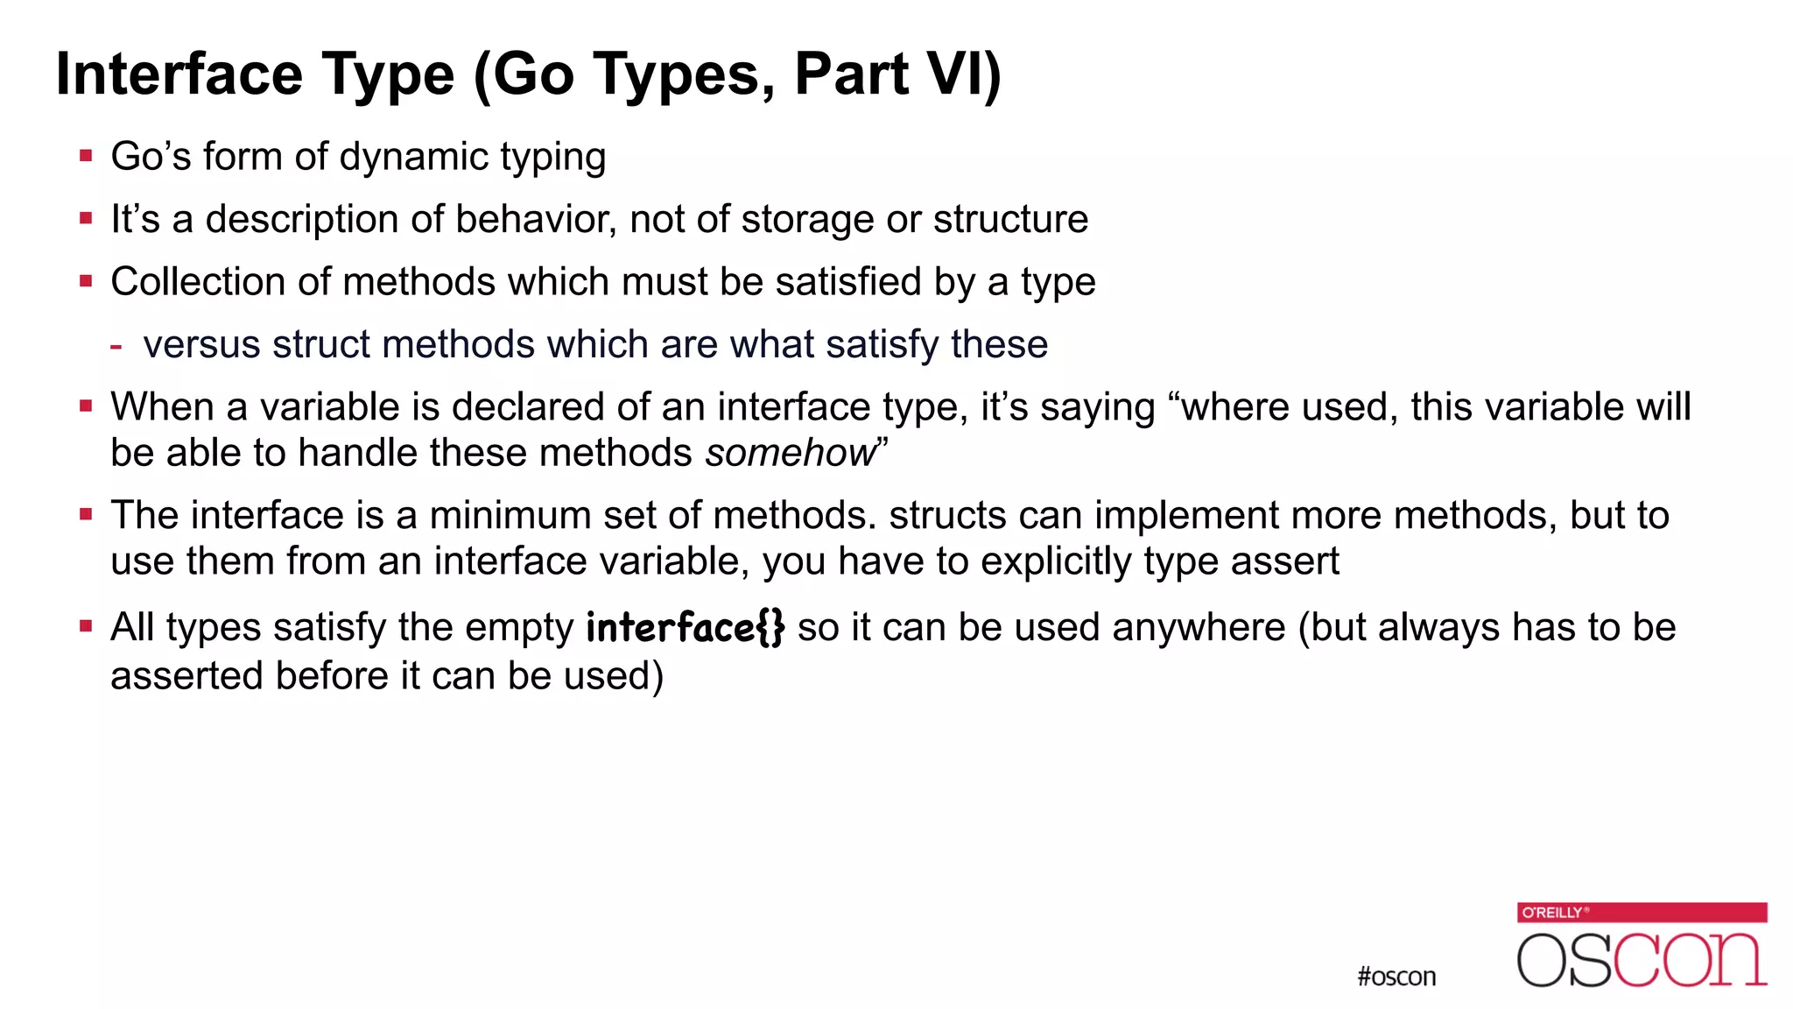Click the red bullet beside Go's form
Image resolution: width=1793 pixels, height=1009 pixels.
point(86,157)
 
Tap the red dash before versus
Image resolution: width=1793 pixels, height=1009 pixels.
point(116,345)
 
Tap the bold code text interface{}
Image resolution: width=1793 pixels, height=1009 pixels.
point(685,628)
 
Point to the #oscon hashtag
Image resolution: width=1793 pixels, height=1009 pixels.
point(1396,977)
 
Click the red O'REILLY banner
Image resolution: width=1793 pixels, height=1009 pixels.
point(1642,913)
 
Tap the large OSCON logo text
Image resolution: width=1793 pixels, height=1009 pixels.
point(1642,960)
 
